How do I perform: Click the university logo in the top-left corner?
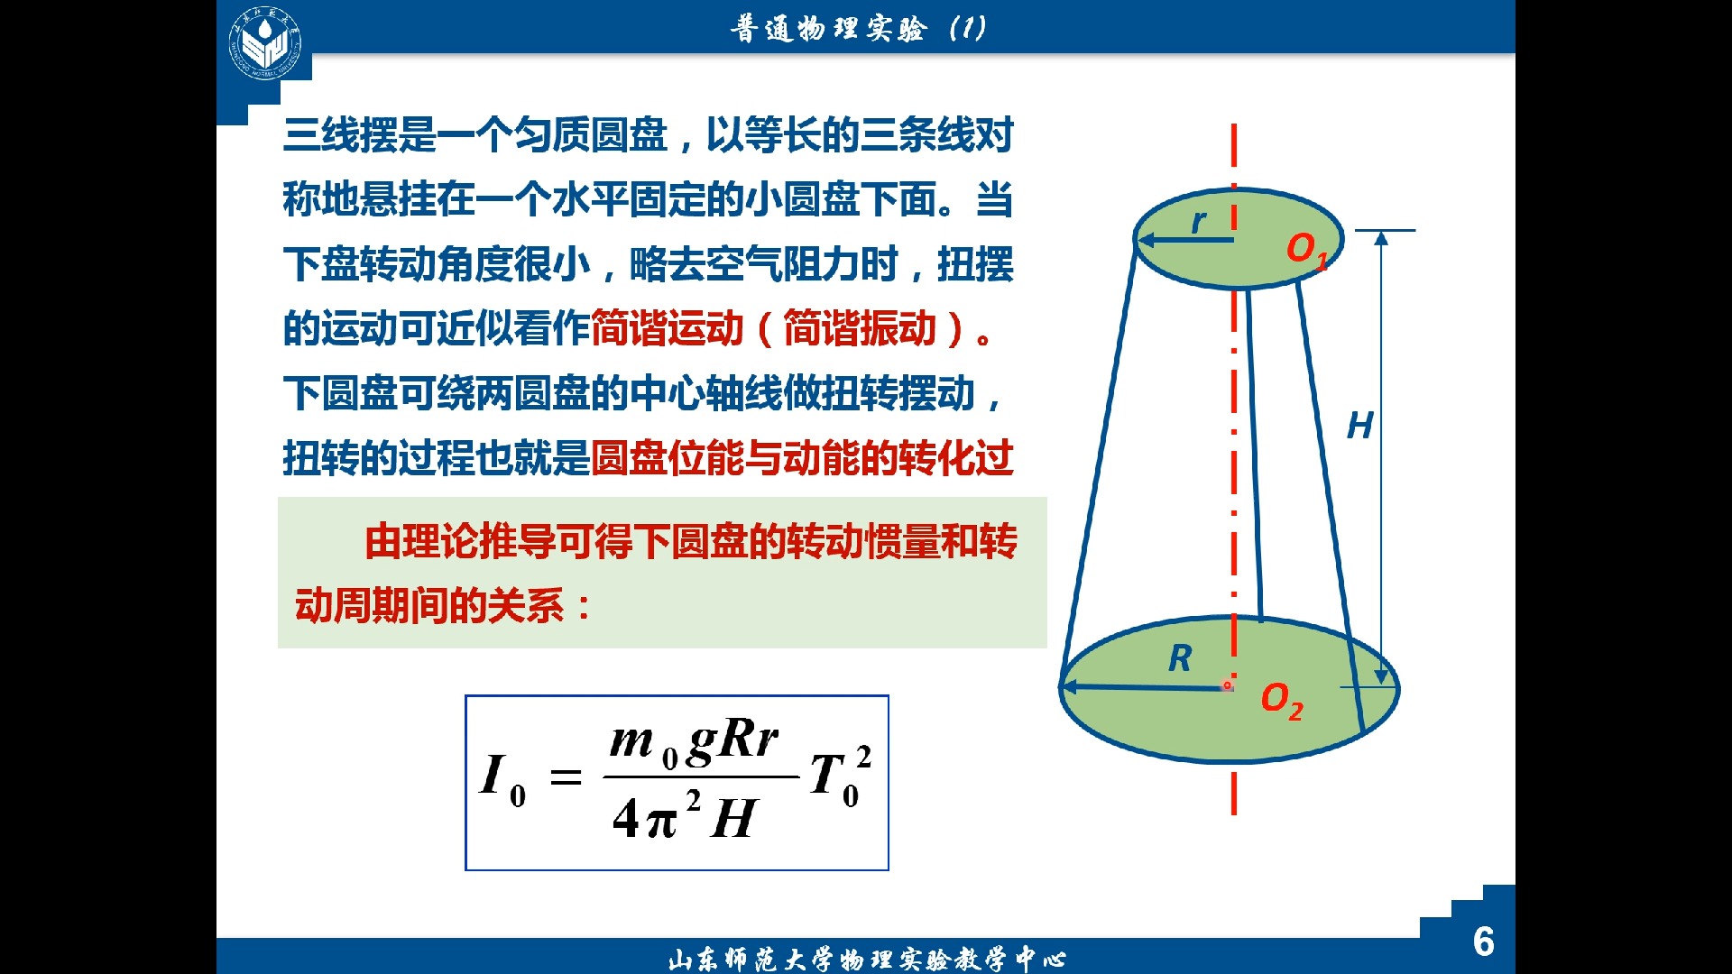(264, 42)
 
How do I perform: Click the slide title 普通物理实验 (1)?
(857, 29)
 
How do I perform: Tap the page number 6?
(1483, 942)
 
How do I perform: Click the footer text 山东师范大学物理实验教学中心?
(866, 959)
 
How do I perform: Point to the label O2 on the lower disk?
(1281, 700)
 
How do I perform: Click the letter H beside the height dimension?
(1359, 426)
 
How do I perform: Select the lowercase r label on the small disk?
(1198, 221)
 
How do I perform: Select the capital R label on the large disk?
(1179, 658)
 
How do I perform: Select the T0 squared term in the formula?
(839, 776)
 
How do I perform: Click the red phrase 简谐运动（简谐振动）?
(783, 329)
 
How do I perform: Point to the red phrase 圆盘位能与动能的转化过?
(802, 459)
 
